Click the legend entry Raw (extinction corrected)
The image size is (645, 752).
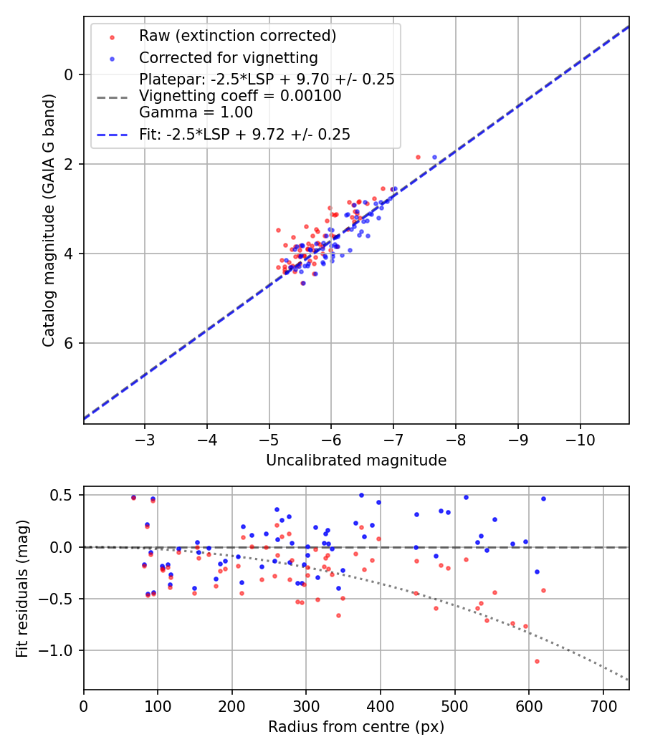click(237, 36)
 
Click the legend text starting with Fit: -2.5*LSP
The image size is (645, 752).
click(244, 135)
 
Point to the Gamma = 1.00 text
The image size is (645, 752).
click(196, 112)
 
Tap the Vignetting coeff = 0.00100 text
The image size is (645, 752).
click(240, 96)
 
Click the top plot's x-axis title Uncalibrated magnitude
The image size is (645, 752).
click(356, 461)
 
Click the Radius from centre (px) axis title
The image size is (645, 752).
click(356, 727)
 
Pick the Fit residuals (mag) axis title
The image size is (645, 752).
click(22, 588)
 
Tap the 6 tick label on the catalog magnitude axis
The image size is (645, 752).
click(69, 343)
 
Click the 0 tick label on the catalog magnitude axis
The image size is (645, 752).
click(69, 74)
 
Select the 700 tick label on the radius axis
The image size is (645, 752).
click(603, 705)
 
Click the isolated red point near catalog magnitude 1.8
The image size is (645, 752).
click(418, 157)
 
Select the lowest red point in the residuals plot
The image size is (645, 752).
click(537, 661)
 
